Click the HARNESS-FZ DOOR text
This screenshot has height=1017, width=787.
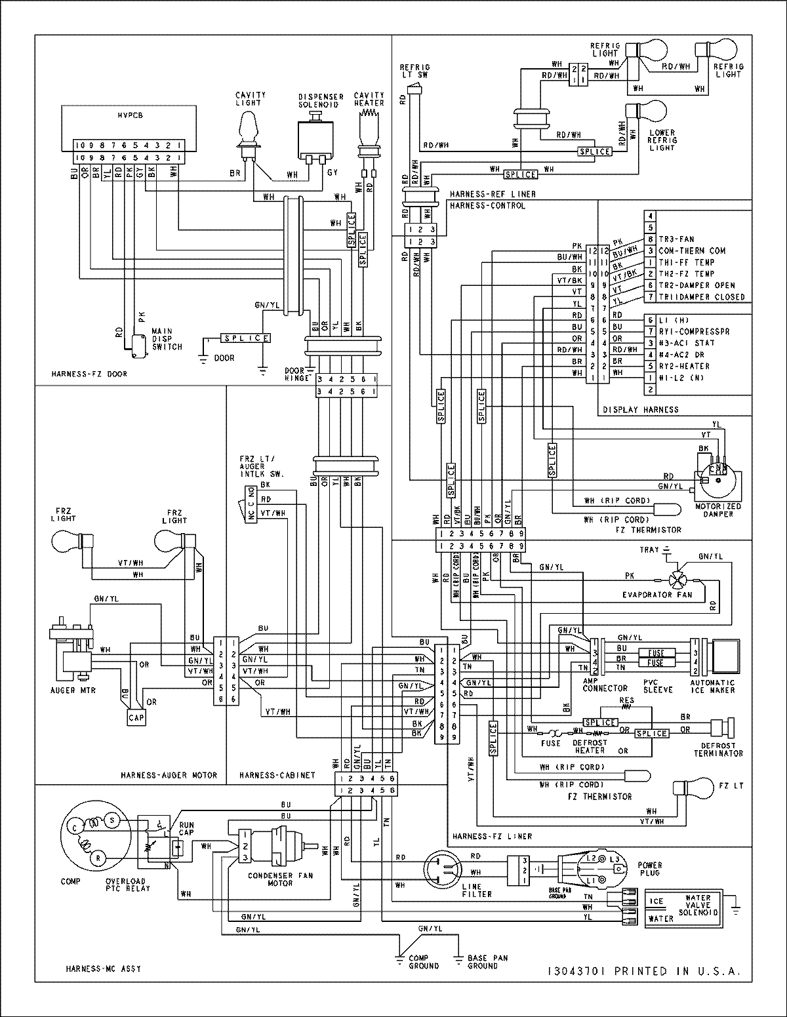pos(89,374)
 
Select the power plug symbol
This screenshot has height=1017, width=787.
pos(588,869)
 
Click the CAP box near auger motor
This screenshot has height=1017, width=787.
pos(136,717)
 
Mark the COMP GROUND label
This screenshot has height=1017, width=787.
pos(423,961)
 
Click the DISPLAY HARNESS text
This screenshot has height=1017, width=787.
pos(641,409)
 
